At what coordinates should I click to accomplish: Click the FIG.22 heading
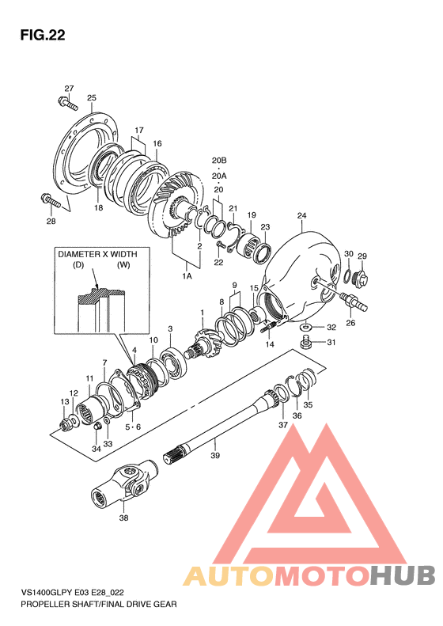pos(43,35)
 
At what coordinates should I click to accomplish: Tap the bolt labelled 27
pos(68,103)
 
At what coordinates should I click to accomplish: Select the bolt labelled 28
pos(51,200)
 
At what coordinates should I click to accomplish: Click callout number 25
pos(92,98)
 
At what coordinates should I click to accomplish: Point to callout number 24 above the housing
pos(301,215)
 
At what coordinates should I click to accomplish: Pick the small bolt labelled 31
pos(305,343)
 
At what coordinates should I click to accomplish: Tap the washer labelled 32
pos(305,328)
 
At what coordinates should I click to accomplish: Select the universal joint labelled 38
pos(124,484)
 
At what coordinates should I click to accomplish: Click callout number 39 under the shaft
pos(215,455)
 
